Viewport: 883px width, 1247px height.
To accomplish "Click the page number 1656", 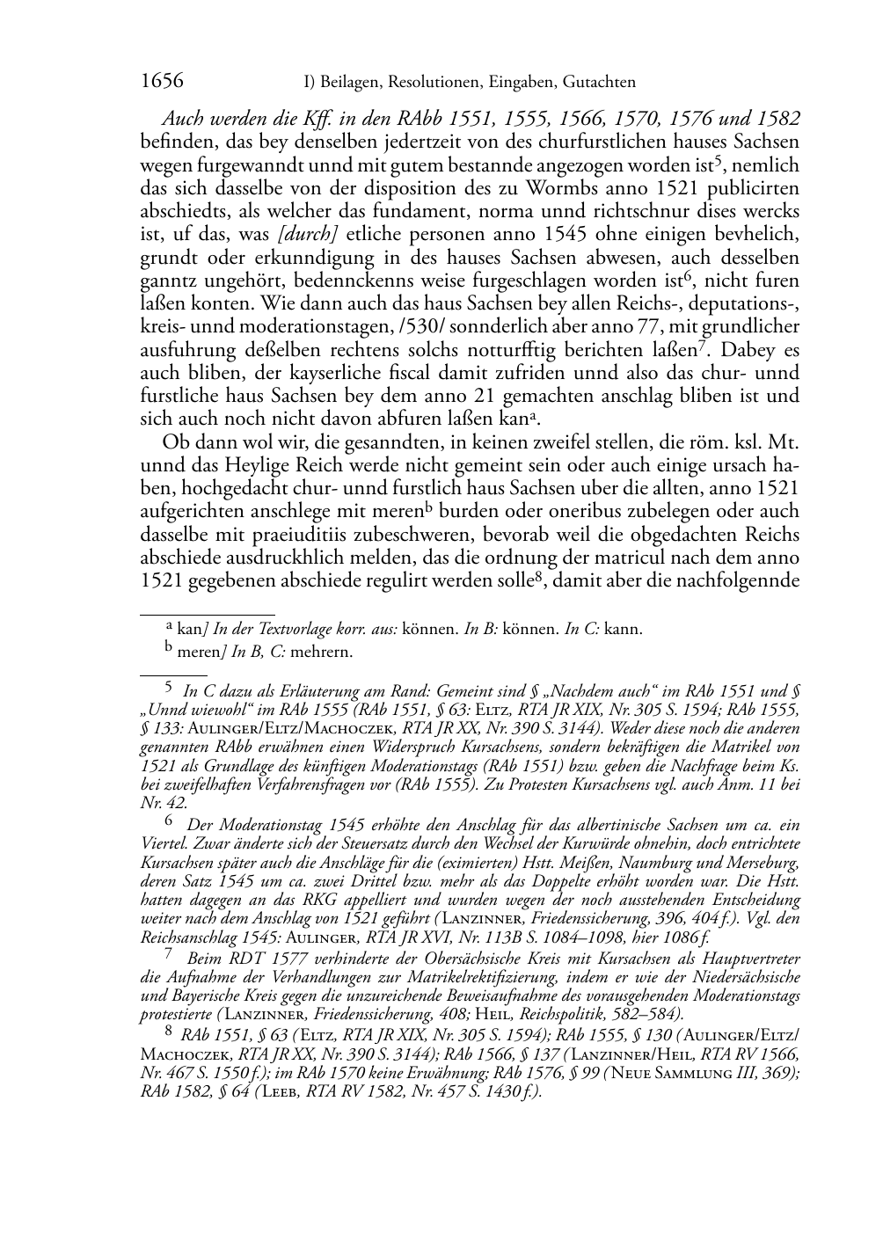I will [x=162, y=82].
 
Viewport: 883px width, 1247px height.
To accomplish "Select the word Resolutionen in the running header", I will [x=432, y=83].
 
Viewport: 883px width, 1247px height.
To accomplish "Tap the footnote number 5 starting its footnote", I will [x=171, y=691].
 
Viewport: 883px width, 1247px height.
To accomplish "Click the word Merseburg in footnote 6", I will [x=763, y=862].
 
